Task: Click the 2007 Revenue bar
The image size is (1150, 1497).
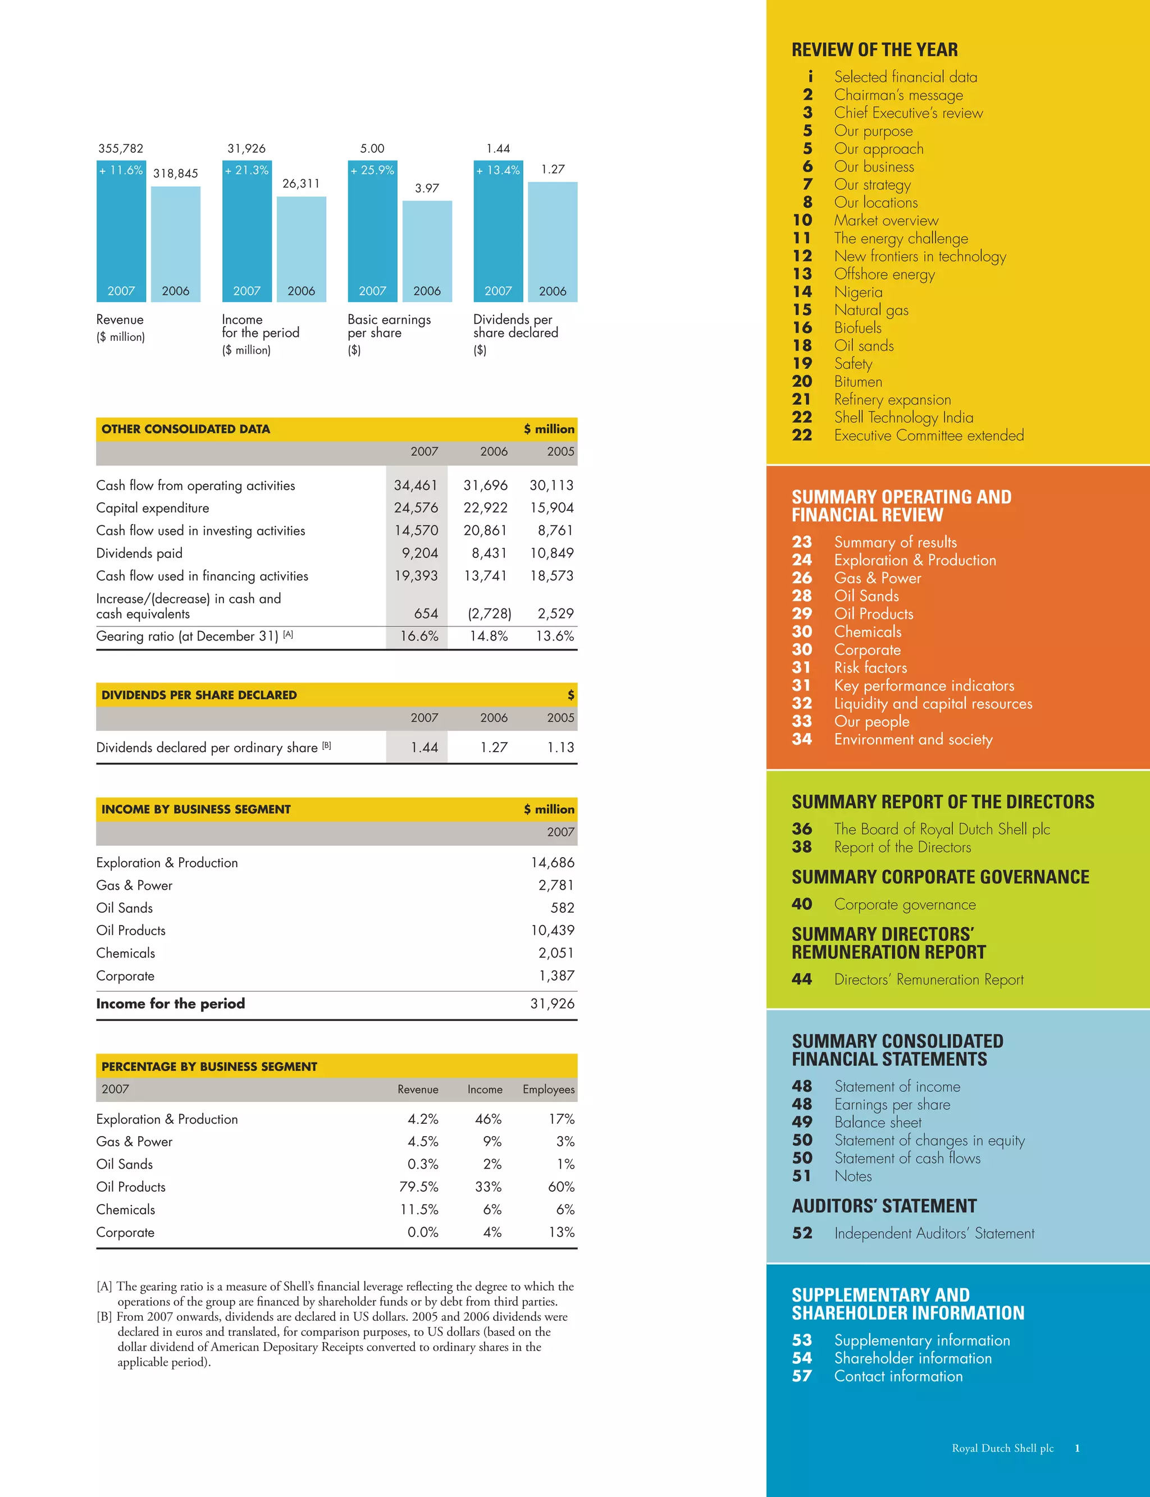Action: pyautogui.click(x=121, y=232)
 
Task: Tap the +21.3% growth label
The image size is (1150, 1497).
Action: pyautogui.click(x=247, y=171)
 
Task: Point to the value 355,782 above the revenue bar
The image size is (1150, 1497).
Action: pyautogui.click(x=121, y=149)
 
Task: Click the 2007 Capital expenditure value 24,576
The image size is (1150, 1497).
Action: pyautogui.click(x=416, y=507)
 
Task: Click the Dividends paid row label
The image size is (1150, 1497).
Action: pyautogui.click(x=140, y=553)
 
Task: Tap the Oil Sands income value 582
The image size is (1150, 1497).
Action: pyautogui.click(x=562, y=908)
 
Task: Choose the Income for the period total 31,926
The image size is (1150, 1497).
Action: pyautogui.click(x=553, y=1004)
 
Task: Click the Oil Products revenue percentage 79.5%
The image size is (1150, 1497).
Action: pyautogui.click(x=419, y=1187)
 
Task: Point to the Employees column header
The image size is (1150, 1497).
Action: pyautogui.click(x=548, y=1089)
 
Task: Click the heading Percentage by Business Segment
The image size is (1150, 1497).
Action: pyautogui.click(x=209, y=1066)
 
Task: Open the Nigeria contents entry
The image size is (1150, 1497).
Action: pyautogui.click(x=859, y=292)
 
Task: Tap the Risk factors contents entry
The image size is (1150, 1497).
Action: pyautogui.click(x=870, y=668)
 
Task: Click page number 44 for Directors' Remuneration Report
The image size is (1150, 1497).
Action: pyautogui.click(x=802, y=979)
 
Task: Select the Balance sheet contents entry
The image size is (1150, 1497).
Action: pyautogui.click(x=878, y=1122)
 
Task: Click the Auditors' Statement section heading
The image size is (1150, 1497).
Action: pyautogui.click(x=884, y=1206)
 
